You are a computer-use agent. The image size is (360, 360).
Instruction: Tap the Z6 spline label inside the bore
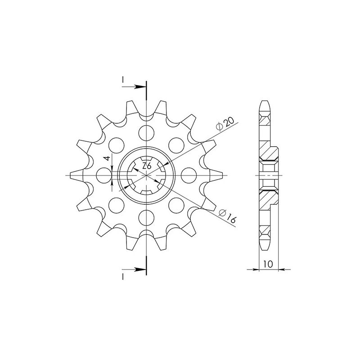coord(147,166)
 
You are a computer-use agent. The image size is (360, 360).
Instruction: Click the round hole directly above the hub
coord(146,132)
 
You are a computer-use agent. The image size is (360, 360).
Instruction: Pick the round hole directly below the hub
coord(146,217)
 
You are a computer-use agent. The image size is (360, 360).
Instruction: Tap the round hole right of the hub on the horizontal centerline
coord(187,175)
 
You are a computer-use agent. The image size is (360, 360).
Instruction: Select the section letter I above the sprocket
coord(123,80)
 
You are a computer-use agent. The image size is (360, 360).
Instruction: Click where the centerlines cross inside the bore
coord(146,175)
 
